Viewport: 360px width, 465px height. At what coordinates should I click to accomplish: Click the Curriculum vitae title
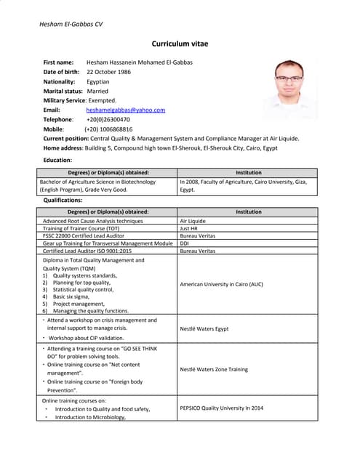coord(180,44)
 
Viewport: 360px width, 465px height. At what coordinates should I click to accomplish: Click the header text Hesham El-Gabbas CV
coord(71,24)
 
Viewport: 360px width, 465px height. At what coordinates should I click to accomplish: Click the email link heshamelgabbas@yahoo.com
coord(125,110)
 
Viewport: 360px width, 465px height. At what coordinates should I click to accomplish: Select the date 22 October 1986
coord(108,72)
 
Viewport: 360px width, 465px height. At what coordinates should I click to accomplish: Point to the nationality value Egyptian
coord(97,81)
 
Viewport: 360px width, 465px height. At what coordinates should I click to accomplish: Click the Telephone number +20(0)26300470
coord(108,119)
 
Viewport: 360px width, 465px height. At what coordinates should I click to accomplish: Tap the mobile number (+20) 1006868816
coord(108,129)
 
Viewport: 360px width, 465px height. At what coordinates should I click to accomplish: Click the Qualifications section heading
coord(63,200)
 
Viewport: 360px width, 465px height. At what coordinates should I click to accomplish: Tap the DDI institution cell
coord(185,243)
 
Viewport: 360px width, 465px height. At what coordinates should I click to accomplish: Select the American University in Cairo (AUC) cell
coord(221,284)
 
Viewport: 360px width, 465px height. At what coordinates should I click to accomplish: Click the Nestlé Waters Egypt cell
coord(204,328)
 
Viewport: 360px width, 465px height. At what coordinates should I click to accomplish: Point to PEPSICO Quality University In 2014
coord(221,408)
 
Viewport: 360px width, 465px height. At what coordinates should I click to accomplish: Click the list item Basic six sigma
coord(75,296)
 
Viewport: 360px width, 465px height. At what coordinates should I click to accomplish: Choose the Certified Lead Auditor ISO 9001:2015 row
coord(87,251)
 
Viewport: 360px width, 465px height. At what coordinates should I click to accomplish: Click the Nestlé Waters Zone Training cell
coord(213,369)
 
